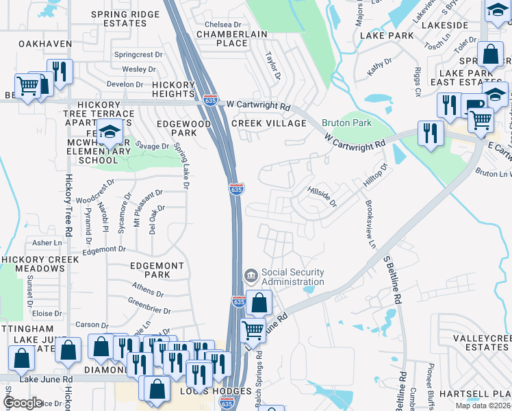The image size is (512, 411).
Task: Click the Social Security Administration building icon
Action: pos(251,276)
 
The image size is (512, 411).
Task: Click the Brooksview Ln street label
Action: pos(370,224)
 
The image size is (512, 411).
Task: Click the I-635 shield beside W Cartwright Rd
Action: pos(211,99)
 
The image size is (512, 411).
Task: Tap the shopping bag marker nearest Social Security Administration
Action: pos(259,301)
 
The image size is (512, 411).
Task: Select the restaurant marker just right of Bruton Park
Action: pos(430,132)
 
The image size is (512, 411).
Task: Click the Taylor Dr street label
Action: pos(273,66)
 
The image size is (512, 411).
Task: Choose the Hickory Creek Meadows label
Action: pos(32,264)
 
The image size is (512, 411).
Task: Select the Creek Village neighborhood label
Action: pos(268,123)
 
